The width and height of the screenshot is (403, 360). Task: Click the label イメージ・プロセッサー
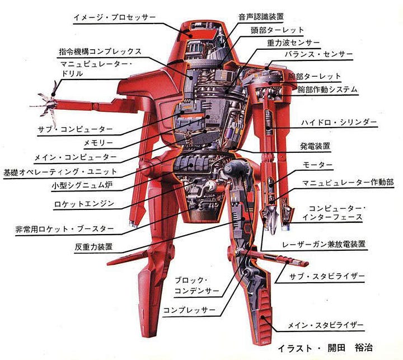tap(114, 18)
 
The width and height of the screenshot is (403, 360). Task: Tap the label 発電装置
tap(315, 146)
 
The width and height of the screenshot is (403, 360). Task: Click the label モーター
tap(317, 165)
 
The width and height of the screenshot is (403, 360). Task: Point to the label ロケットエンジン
tap(84, 204)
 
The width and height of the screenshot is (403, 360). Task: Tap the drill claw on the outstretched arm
tap(47, 100)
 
